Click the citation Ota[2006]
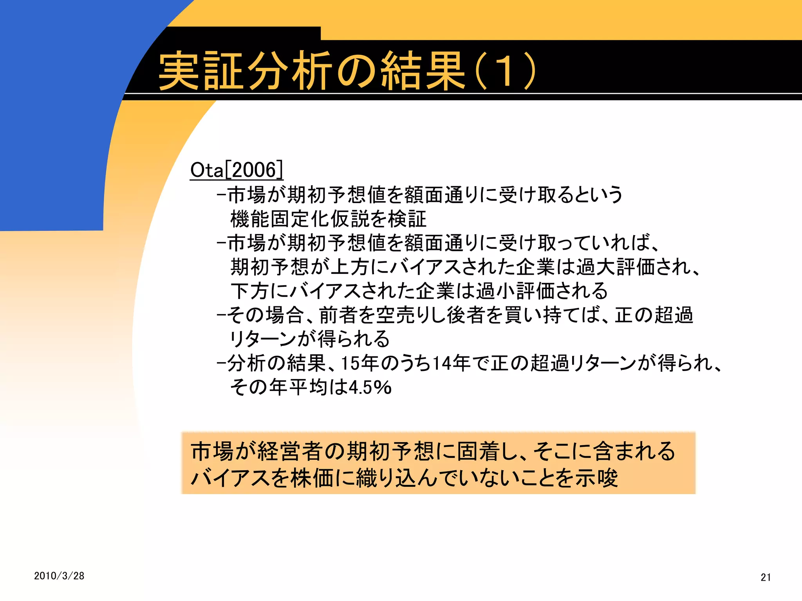tap(236, 170)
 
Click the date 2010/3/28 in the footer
tap(59, 576)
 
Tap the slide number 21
tap(766, 577)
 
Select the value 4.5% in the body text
tap(370, 387)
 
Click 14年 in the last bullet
tap(452, 363)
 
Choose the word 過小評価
tap(515, 291)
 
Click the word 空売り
tap(405, 315)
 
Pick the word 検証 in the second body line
tap(407, 219)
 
